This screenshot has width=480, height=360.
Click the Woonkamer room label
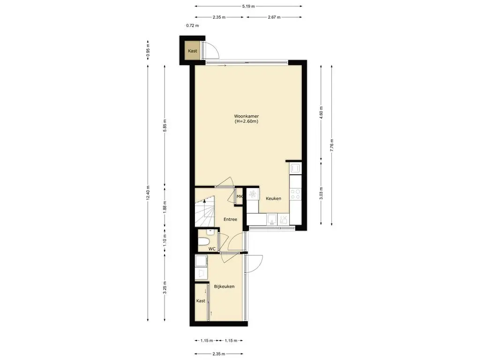[x=247, y=116]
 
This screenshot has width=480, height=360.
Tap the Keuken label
[x=273, y=198]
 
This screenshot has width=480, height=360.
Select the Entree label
[x=230, y=219]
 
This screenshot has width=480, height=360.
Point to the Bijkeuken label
[x=225, y=286]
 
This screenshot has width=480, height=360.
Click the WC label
[x=212, y=249]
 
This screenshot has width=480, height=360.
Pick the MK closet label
[x=240, y=196]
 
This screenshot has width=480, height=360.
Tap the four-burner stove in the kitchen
[x=296, y=194]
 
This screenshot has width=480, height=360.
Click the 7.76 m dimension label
[x=332, y=145]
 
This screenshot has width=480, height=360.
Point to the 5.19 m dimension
[x=248, y=6]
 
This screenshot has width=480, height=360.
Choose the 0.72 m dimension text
[x=193, y=26]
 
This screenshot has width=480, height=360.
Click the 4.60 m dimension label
[x=321, y=112]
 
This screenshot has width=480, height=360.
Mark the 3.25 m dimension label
[x=165, y=287]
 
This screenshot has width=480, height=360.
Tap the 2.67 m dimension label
[x=274, y=17]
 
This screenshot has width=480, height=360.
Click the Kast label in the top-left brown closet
[x=193, y=51]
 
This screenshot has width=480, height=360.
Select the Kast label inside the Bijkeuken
[x=201, y=300]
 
